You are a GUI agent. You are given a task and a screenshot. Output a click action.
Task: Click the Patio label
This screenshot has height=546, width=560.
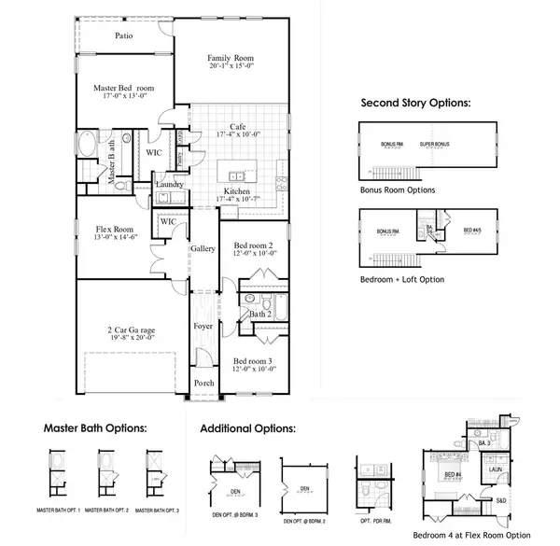click(123, 36)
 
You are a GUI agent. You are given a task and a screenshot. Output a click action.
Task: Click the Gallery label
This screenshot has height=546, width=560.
click(203, 249)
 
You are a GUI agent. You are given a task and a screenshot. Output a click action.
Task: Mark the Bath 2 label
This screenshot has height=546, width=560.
click(259, 315)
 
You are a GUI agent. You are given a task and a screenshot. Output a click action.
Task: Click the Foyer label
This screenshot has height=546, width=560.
click(203, 327)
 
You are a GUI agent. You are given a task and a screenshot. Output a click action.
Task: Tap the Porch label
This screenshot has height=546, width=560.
click(203, 383)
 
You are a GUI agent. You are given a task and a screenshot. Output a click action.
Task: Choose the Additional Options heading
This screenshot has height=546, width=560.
click(248, 428)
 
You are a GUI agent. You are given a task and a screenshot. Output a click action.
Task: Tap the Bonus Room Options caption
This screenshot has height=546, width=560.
click(397, 189)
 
